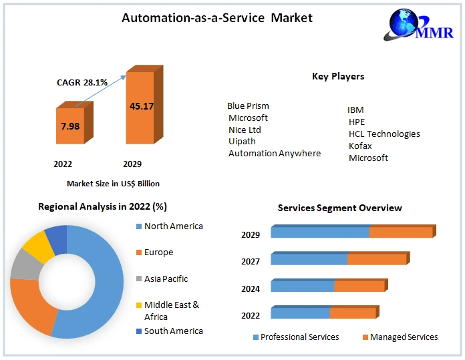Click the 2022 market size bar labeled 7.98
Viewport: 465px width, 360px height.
click(x=70, y=126)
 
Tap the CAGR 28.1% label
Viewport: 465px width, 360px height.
click(x=82, y=82)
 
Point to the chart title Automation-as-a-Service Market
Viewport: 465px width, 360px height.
click(x=216, y=18)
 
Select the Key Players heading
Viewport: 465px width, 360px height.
click(x=338, y=76)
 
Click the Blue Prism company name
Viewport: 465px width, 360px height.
click(x=248, y=106)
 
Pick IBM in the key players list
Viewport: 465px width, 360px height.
click(x=355, y=110)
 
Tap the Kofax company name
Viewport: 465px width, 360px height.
click(x=360, y=146)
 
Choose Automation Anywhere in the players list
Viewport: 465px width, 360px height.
click(x=275, y=153)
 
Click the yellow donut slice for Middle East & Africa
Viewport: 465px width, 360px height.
click(x=39, y=246)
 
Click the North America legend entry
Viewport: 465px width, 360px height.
click(x=173, y=226)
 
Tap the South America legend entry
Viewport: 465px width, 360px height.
click(x=173, y=331)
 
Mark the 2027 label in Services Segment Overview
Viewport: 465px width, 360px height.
click(x=251, y=262)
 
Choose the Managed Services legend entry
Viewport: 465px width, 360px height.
click(x=404, y=337)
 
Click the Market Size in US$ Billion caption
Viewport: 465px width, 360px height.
click(x=113, y=183)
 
